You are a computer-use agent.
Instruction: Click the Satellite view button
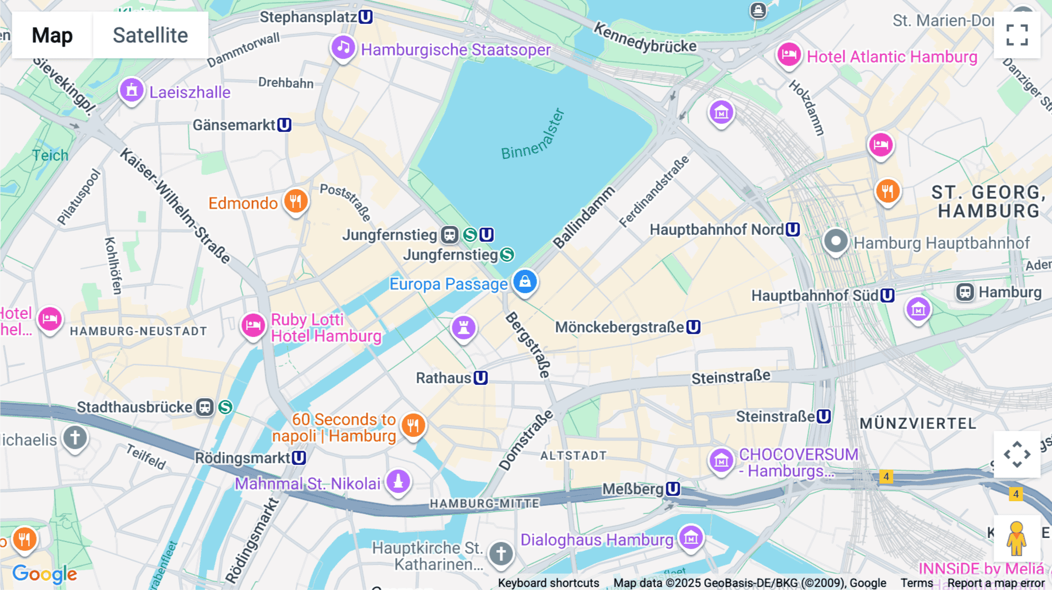pos(150,35)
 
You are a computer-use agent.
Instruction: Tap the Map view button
pos(52,35)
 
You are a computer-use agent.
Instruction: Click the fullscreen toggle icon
pos(1017,35)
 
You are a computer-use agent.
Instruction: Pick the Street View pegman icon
pos(1016,538)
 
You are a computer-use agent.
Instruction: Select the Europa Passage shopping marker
pos(525,282)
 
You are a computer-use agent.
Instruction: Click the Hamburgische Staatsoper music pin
pos(343,47)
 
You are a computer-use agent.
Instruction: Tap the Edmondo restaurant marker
pos(296,201)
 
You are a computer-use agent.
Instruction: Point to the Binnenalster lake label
pos(533,135)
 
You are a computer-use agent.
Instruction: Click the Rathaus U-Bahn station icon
pos(480,378)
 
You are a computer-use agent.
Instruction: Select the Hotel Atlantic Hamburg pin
pos(788,55)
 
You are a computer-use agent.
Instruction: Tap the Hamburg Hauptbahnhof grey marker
pos(836,241)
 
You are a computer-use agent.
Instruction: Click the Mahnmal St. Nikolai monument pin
pos(398,481)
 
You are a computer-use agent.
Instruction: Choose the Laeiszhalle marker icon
pos(131,91)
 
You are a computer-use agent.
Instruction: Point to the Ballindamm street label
pos(583,217)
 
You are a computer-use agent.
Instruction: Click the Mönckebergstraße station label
pos(620,327)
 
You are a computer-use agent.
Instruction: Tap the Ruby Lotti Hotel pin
pos(253,325)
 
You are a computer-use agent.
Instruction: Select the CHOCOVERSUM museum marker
pos(721,460)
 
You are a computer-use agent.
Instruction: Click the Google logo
pos(44,574)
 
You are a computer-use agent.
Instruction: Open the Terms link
pos(916,583)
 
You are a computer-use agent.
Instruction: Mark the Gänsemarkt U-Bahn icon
pos(284,124)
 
